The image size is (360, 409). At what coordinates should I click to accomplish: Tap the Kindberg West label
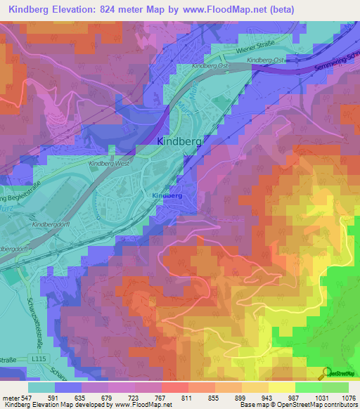(x=108, y=163)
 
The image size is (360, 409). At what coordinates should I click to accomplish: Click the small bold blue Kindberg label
(x=167, y=195)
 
